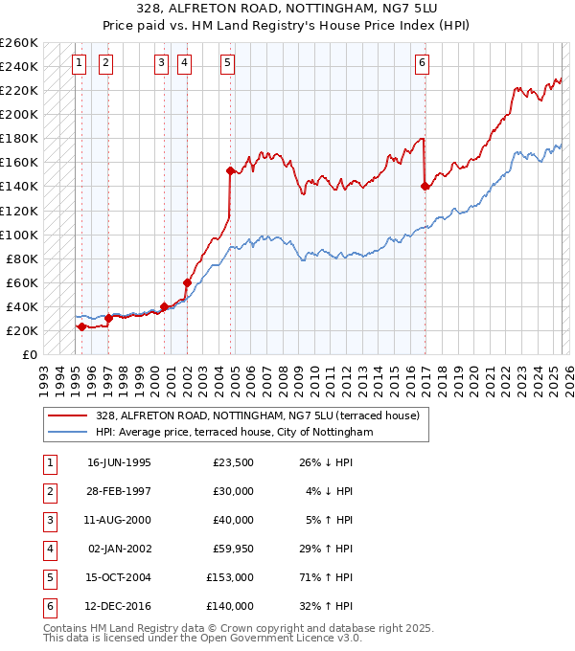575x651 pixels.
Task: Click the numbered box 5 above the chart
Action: click(227, 64)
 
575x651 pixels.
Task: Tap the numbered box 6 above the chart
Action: click(422, 64)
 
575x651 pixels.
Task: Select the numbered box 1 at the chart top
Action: click(78, 64)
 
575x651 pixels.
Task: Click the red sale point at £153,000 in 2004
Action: click(230, 170)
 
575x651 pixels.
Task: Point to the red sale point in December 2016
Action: click(425, 187)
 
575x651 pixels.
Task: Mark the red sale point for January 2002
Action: click(187, 282)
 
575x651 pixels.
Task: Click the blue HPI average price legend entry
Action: click(233, 432)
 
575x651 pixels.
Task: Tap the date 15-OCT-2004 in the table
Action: click(119, 577)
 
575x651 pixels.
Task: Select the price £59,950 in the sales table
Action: click(230, 549)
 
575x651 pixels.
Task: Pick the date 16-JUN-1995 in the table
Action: click(119, 462)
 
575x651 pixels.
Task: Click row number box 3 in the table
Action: click(48, 520)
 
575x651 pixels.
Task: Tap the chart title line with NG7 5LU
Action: click(287, 11)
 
